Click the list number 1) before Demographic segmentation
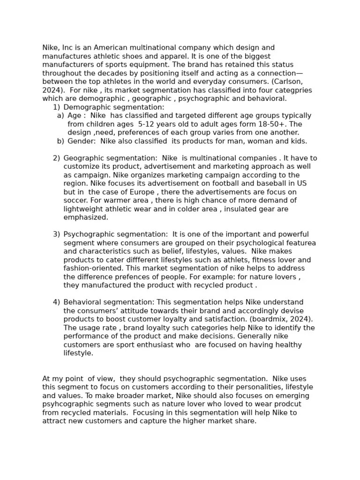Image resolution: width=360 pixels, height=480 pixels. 56,107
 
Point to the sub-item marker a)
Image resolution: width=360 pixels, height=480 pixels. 60,116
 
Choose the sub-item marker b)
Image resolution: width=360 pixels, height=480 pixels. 60,141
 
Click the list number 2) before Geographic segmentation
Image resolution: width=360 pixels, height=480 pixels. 56,158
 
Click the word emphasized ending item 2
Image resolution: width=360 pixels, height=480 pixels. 86,217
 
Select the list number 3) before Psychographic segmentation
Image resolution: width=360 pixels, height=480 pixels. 56,234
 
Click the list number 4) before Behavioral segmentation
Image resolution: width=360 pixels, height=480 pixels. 56,302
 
